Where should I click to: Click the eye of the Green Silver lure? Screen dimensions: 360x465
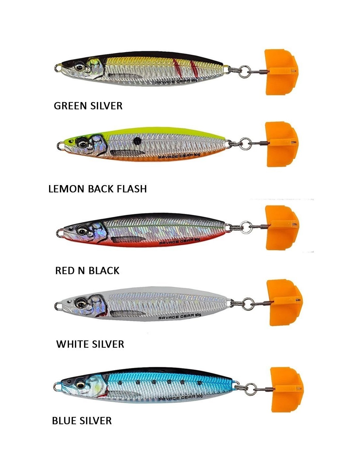click(x=80, y=67)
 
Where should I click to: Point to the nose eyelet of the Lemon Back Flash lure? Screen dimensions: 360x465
click(x=61, y=146)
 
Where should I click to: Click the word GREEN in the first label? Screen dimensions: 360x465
click(x=70, y=106)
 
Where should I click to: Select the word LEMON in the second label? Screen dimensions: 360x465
click(x=67, y=189)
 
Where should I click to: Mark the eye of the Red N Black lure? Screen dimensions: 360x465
click(x=81, y=231)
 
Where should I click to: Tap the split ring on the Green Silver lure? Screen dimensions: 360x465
click(x=245, y=72)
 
